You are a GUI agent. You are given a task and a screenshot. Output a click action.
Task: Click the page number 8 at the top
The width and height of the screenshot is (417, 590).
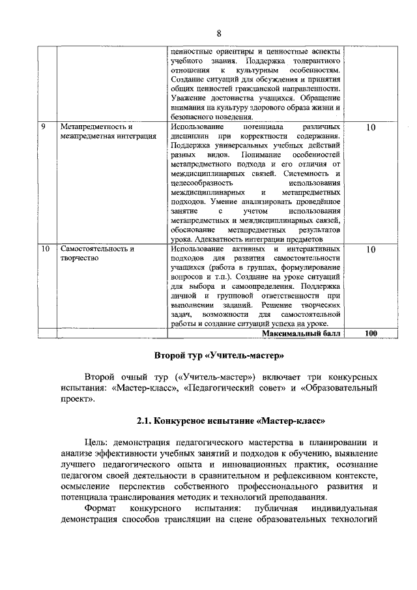click(219, 33)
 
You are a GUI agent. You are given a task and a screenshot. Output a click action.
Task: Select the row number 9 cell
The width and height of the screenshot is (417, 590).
click(42, 126)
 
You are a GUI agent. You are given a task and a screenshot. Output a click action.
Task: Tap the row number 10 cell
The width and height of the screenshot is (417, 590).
click(45, 250)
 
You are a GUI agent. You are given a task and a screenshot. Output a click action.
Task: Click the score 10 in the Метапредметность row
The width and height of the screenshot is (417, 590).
click(370, 128)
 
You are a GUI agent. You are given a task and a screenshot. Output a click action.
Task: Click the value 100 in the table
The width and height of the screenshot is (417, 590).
click(371, 333)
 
